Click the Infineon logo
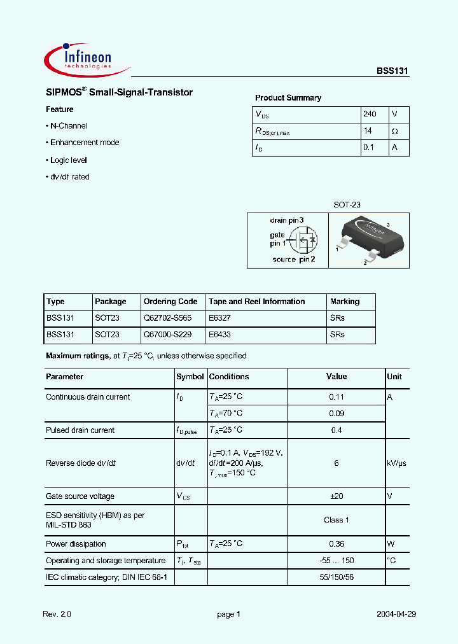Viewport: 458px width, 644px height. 87,59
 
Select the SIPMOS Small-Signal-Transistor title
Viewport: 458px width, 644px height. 119,93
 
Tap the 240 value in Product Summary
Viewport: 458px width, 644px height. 370,114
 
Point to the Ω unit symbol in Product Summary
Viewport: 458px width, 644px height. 394,131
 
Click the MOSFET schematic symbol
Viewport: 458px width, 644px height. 305,242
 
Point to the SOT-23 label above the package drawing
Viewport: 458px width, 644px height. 347,205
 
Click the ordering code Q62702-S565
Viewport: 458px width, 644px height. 170,318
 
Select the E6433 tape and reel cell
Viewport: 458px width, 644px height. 220,334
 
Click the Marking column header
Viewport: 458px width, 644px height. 345,302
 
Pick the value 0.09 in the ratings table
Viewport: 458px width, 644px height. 337,413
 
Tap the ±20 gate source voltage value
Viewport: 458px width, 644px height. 337,496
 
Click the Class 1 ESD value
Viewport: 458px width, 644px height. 337,520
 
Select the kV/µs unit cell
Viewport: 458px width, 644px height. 397,463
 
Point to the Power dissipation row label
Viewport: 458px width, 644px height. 76,544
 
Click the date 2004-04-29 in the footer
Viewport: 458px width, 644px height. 396,614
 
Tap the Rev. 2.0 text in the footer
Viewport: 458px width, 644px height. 57,614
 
